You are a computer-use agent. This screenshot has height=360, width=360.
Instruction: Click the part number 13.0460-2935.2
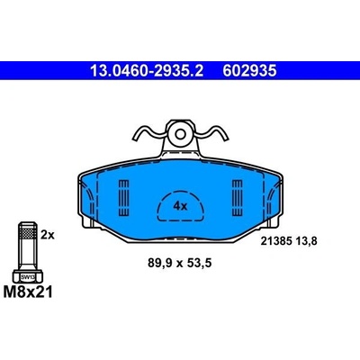coord(147,71)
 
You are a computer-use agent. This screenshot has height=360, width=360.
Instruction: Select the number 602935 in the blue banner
coord(249,71)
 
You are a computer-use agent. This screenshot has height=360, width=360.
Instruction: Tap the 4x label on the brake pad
coord(180,206)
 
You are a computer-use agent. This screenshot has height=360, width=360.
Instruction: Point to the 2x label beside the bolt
coord(48,235)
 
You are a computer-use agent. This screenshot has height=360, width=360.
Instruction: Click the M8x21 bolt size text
coord(28,292)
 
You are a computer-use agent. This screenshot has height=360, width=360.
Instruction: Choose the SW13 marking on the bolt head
coord(28,277)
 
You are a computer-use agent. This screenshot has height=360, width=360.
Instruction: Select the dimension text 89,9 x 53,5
coord(180,264)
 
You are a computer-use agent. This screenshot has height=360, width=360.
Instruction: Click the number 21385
coord(275,241)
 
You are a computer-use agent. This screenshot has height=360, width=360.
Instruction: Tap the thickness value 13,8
coord(306,241)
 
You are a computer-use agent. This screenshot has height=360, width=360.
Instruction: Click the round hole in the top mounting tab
coord(180,134)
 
